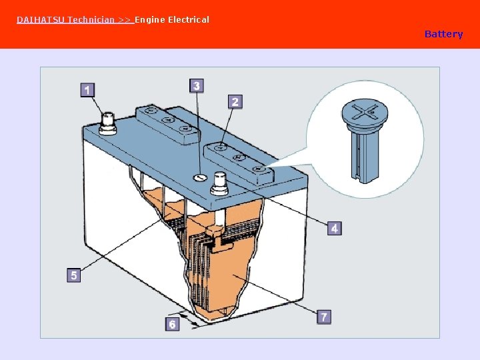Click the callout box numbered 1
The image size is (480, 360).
(x=87, y=90)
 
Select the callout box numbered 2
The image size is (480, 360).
(x=235, y=101)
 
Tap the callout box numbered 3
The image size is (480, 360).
(x=197, y=86)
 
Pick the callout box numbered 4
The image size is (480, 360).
(x=334, y=228)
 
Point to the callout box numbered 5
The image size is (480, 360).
(x=74, y=275)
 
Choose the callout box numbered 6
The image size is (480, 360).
(x=173, y=324)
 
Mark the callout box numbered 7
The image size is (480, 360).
(x=324, y=316)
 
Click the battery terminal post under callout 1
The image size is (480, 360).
(x=108, y=124)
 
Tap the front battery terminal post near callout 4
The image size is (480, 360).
(x=219, y=183)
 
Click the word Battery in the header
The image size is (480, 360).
(x=443, y=34)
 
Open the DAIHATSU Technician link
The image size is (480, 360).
(x=75, y=20)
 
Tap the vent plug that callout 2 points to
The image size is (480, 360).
(x=220, y=148)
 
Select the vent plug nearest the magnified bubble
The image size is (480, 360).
(x=259, y=169)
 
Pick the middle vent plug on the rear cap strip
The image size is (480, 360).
(x=168, y=119)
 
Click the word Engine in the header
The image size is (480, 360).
(x=150, y=20)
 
